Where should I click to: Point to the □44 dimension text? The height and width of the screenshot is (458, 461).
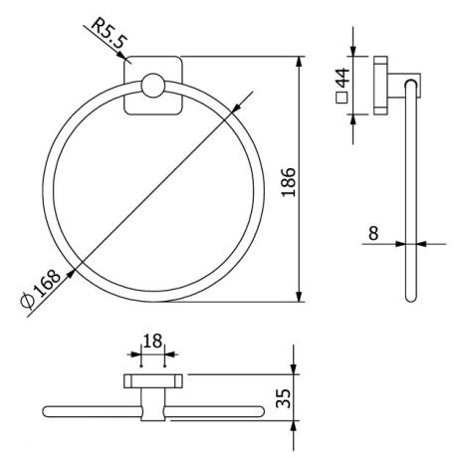pos(342,85)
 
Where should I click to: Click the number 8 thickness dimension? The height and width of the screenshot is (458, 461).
pos(372,233)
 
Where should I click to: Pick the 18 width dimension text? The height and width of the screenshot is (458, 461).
pos(151,341)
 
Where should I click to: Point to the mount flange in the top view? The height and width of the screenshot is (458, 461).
pos(151,381)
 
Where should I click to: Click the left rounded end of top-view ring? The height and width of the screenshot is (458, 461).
pos(48,410)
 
